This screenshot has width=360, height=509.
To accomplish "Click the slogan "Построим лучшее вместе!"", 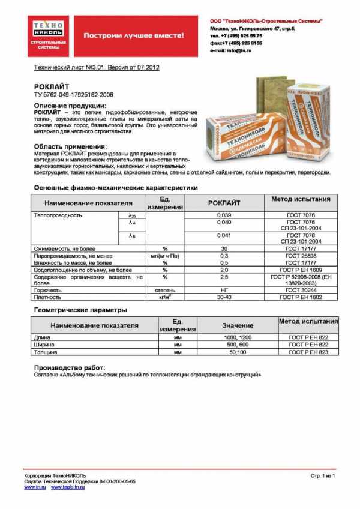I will coord(133,35).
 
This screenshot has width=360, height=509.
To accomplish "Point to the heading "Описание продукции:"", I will coord(70,105).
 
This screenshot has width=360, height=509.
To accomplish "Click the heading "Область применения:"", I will coord(70,146).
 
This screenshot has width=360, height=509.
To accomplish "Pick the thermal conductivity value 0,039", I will coord(223,214).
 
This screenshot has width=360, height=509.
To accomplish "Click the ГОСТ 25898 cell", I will coord(301,256).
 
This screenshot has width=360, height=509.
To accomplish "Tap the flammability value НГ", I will coord(223,290).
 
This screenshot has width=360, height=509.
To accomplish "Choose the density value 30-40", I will coord(223,297).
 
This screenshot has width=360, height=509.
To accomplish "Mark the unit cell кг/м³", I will coord(165,297).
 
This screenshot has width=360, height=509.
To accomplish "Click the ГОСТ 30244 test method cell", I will coord(301,290).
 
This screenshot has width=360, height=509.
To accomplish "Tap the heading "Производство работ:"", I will coord(70,367).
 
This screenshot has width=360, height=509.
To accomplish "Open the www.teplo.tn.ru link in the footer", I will coord(68,487).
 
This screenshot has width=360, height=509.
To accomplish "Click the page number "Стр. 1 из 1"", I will coord(322,475).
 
